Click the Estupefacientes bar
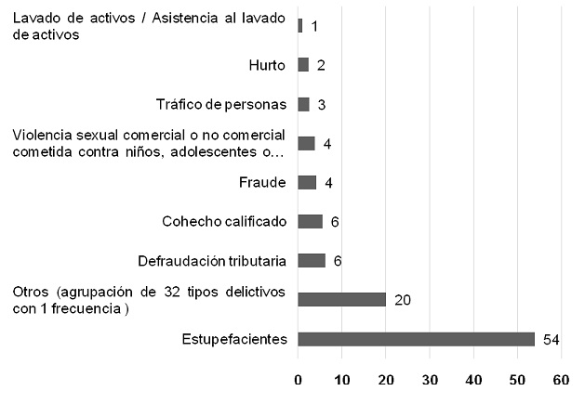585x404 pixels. coord(416,339)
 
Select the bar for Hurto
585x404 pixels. coord(303,65)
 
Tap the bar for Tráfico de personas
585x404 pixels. coord(304,104)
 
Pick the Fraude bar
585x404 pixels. coord(307,182)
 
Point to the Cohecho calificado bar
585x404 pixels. coord(310,221)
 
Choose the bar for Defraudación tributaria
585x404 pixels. coord(312,260)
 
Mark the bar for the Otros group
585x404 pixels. coord(341,299)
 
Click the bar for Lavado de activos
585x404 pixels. coord(299,26)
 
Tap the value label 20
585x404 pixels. coord(402,300)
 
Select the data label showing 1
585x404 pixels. coord(315,27)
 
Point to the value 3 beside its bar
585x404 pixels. coord(321,105)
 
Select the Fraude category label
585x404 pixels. coord(265,182)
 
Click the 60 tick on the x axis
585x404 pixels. coord(561,380)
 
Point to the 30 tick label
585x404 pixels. coord(430,380)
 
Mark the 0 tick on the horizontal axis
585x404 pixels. coord(299,380)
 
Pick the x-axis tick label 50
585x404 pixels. coord(517,380)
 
